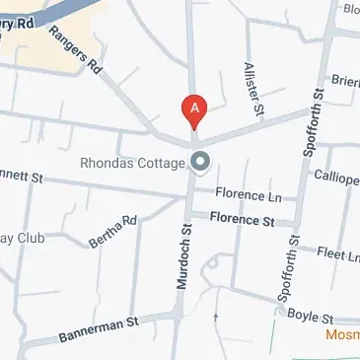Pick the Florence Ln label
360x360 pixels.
242,195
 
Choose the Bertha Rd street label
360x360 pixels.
111,229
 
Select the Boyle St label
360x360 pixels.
310,317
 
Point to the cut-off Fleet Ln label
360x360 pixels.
337,255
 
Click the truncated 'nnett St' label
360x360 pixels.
22,179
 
